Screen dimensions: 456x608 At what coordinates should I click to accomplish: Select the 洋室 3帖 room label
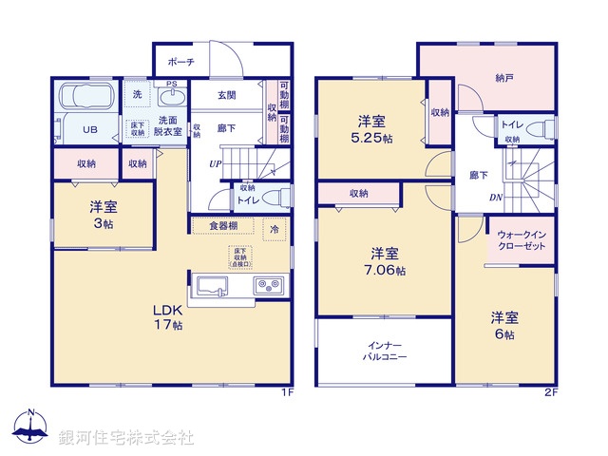pos(104,214)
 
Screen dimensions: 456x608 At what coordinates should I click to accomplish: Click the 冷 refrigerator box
pos(274,229)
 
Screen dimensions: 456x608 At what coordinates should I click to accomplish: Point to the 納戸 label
pos(505,80)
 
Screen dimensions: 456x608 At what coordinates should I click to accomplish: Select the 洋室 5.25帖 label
pos(371,129)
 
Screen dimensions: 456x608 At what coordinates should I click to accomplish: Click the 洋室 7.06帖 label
pos(384,261)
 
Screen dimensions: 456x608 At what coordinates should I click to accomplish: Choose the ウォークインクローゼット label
pos(521,240)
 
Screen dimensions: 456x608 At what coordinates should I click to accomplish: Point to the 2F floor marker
pos(550,392)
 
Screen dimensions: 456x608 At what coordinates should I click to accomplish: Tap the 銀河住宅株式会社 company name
pos(125,437)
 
